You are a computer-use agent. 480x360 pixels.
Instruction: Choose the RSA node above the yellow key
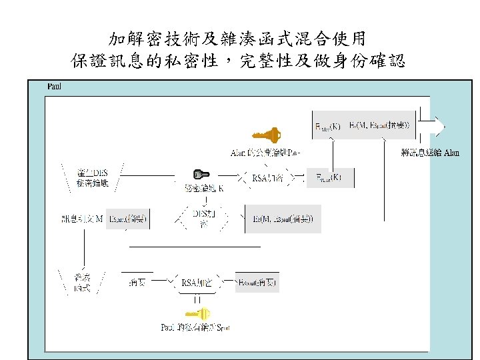click(197, 283)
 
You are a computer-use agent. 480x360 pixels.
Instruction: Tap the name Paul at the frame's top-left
click(53, 87)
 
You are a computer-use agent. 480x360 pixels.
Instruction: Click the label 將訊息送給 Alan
click(431, 153)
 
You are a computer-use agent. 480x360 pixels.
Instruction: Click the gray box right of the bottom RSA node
click(257, 283)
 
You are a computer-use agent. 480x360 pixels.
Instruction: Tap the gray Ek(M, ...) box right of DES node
click(283, 218)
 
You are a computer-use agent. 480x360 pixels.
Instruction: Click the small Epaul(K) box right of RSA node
click(328, 177)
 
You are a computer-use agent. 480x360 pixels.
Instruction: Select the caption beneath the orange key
click(265, 153)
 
